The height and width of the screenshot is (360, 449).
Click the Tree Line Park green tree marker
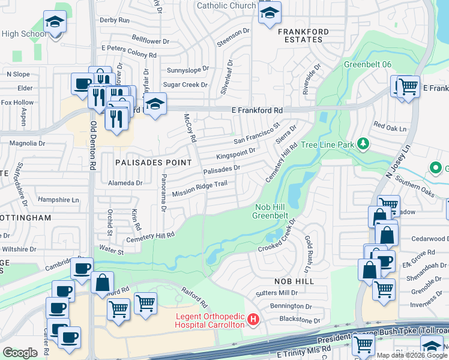[x=363, y=144]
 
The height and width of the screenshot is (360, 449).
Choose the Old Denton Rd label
[x=94, y=144]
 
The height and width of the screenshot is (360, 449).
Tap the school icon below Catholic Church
[x=270, y=11]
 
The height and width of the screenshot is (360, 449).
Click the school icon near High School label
[x=55, y=22]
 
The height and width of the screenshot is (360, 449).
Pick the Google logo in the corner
[x=20, y=353]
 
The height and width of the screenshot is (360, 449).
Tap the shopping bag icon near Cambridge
[x=102, y=282]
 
